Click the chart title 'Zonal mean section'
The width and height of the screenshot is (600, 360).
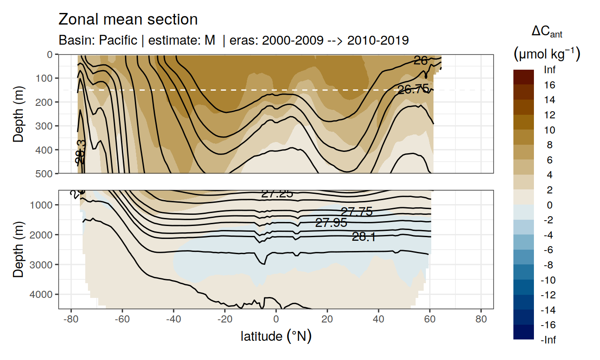pyautogui.click(x=128, y=20)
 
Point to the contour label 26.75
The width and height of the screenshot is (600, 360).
pyautogui.click(x=413, y=89)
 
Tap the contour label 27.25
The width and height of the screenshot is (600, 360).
pyautogui.click(x=277, y=193)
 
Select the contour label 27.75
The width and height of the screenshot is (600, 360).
pyautogui.click(x=356, y=212)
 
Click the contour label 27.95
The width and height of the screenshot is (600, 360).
pyautogui.click(x=331, y=222)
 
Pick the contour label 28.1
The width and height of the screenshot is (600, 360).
pyautogui.click(x=363, y=237)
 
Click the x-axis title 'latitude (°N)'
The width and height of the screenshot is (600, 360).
pyautogui.click(x=276, y=336)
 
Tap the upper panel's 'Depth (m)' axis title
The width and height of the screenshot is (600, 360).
pyautogui.click(x=18, y=113)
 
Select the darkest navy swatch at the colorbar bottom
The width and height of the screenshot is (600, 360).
pyautogui.click(x=523, y=332)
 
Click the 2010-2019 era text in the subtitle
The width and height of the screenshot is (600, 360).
pyautogui.click(x=378, y=40)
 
